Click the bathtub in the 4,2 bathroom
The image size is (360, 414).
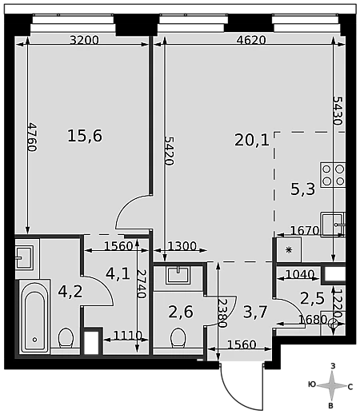34,316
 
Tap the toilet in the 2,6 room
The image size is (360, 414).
178,337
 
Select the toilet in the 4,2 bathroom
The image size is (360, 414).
66,337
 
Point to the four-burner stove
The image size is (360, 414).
333,175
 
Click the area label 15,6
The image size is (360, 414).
85,136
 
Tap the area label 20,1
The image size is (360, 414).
252,140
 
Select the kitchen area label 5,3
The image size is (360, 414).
302,189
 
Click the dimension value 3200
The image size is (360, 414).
84,40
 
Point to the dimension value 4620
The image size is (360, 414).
251,40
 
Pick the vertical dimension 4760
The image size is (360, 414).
32,137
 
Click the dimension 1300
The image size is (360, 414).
182,246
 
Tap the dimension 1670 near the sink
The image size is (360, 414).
305,230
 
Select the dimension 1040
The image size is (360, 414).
300,274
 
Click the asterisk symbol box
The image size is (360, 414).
289,250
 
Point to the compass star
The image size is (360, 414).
332,385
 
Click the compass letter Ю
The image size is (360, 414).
312,384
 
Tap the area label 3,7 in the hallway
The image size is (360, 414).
255,312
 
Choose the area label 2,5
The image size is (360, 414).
312,298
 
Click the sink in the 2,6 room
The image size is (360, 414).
178,275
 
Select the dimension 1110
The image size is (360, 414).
128,335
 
